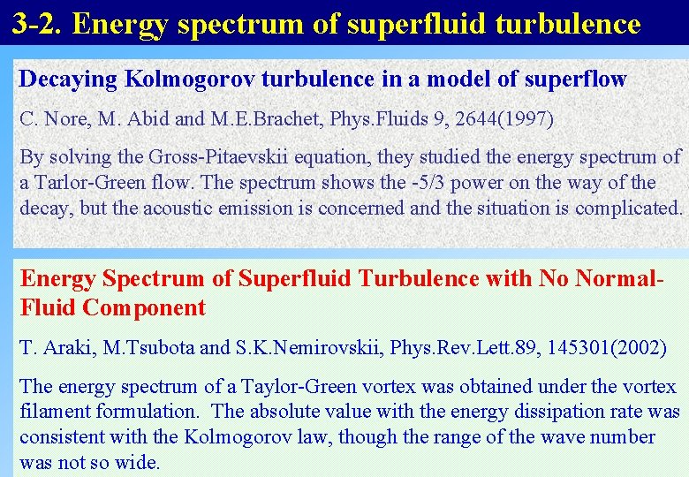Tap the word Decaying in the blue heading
click(x=68, y=79)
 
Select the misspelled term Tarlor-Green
click(x=87, y=183)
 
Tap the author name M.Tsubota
click(x=147, y=347)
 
